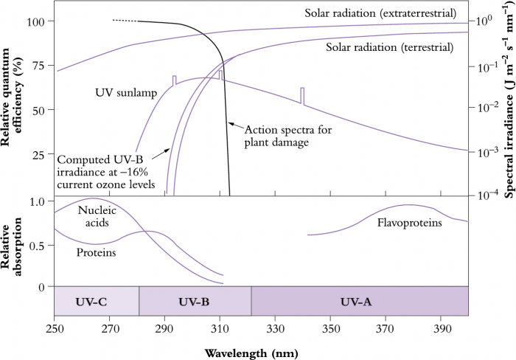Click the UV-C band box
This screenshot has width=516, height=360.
point(96,301)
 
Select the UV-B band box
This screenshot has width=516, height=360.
point(195,301)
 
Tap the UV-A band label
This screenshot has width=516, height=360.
point(360,302)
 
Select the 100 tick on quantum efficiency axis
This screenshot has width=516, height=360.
point(35,21)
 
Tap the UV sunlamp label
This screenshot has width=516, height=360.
point(121,92)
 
